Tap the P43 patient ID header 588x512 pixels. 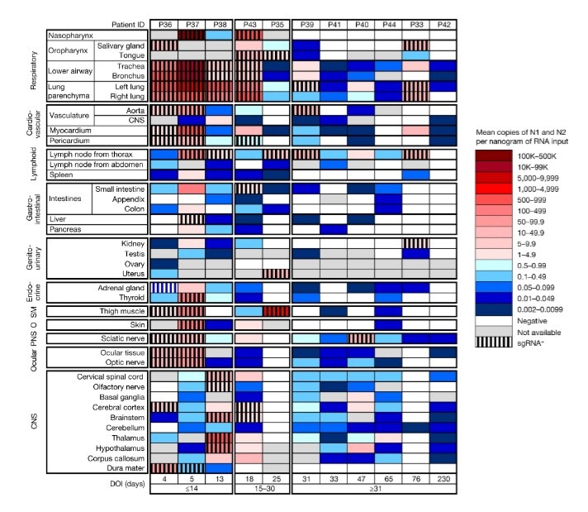[249, 24]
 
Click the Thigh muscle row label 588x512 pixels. [119, 310]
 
